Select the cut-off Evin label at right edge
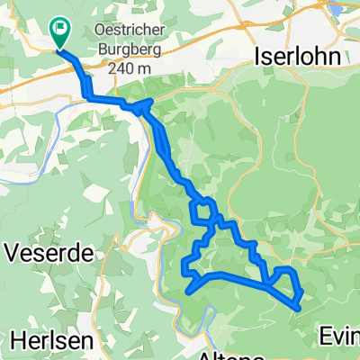point(340,337)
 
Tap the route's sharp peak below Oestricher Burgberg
point(147,103)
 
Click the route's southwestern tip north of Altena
point(187,290)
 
